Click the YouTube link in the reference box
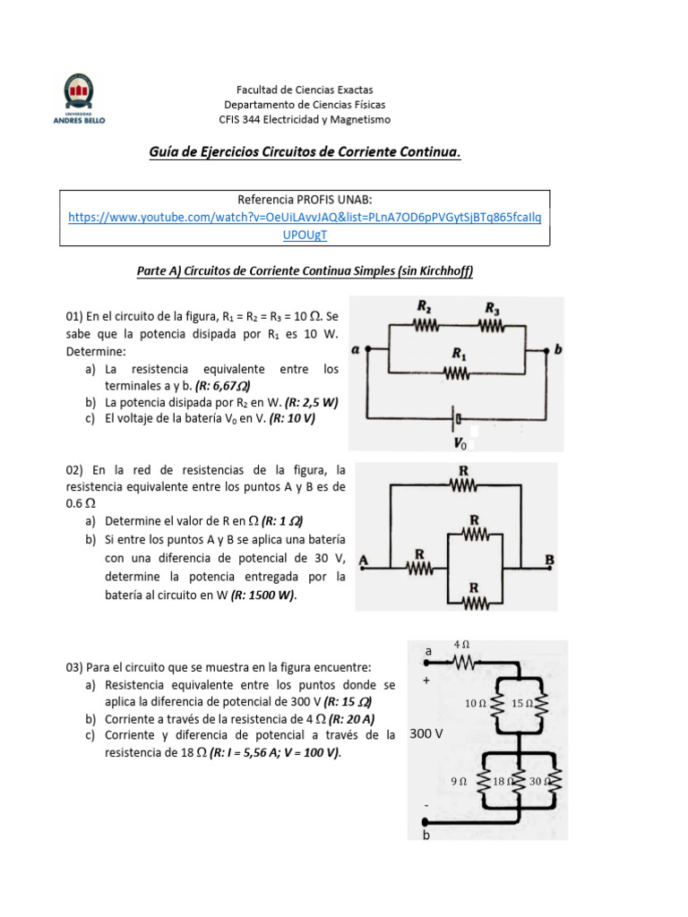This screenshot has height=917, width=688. [x=305, y=217]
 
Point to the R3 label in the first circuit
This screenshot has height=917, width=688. [x=492, y=307]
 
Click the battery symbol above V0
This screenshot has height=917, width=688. [x=458, y=418]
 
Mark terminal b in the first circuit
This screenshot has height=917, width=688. [x=558, y=350]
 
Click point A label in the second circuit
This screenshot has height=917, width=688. [x=364, y=561]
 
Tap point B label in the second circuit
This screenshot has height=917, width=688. [x=549, y=561]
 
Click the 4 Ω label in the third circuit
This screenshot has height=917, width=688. [x=462, y=644]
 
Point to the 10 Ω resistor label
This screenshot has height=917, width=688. [x=476, y=704]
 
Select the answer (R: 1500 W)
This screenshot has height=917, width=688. [x=263, y=595]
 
